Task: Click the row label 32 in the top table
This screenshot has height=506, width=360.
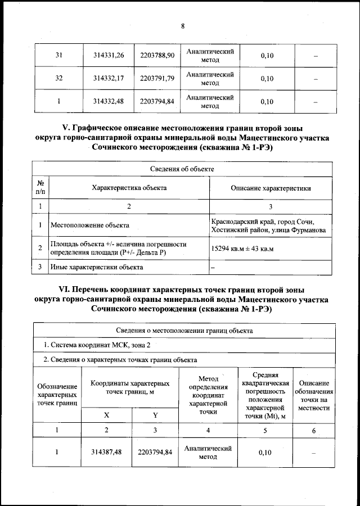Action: click(58, 79)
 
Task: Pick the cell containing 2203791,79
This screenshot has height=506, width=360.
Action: click(158, 79)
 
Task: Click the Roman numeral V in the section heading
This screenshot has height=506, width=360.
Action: click(64, 128)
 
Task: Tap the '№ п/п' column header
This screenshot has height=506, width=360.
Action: click(40, 188)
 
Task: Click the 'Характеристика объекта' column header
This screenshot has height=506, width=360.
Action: click(129, 188)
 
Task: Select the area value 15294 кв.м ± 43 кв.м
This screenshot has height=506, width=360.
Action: click(242, 248)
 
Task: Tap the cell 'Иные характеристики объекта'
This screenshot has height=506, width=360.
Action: click(93, 268)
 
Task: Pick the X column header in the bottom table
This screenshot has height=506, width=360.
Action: click(106, 415)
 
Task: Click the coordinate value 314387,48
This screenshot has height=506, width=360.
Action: click(106, 452)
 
